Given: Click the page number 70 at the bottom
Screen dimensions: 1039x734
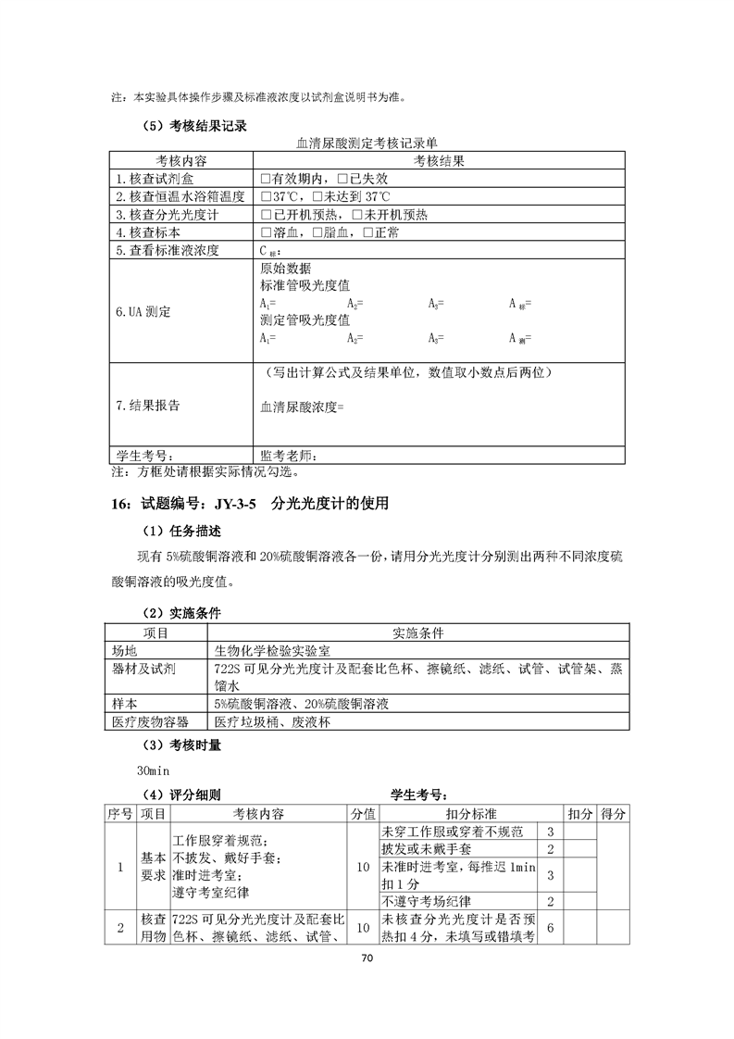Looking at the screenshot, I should point(367,983).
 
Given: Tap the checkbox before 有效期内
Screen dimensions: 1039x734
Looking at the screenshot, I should point(266,179).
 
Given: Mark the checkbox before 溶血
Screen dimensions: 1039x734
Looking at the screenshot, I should point(266,232).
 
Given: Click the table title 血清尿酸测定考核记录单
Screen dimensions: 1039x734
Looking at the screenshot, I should point(367,144).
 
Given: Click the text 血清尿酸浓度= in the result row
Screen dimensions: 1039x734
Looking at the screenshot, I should point(303,406).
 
